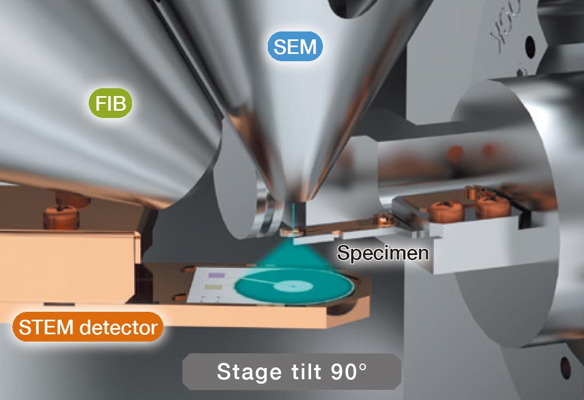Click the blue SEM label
point(295,46)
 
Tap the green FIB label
point(110,103)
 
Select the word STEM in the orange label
point(46,327)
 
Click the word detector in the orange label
point(118,327)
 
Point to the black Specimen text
point(383,253)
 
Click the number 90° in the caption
point(348,371)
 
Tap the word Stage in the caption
point(249,372)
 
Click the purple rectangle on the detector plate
point(216,275)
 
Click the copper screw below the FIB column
point(61,216)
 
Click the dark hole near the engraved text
point(530,47)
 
